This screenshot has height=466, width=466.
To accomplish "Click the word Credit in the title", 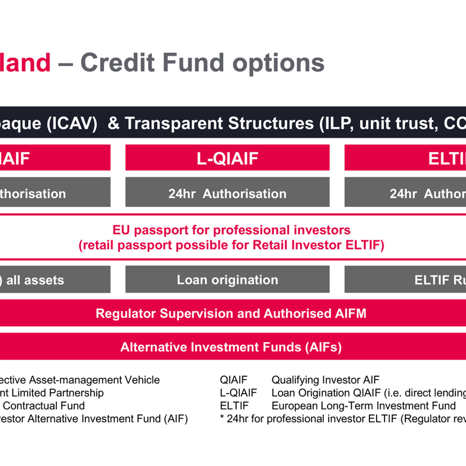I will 118,62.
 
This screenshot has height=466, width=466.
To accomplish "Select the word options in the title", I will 278,63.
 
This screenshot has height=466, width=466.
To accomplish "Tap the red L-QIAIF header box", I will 227,158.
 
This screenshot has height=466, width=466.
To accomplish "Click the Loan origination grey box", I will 227,280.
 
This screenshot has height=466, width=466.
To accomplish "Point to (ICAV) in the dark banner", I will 72,124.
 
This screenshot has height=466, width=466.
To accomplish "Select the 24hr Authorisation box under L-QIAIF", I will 227,194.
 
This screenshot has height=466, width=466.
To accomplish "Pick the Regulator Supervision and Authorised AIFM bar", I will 231,313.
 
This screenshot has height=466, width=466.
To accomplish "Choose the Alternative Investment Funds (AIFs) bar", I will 231,347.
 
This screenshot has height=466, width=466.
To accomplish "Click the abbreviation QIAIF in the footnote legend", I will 233,380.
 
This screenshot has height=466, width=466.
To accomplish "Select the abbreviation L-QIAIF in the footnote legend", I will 238,393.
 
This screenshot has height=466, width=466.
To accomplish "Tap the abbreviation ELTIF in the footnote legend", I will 234,405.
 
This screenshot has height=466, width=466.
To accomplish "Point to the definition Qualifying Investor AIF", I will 325,380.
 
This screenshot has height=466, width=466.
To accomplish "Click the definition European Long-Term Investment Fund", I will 363,405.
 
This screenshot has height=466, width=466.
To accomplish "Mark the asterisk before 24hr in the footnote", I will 222,417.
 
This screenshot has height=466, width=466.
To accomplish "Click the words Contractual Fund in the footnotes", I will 44,405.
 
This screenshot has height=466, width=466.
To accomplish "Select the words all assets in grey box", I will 35,280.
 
